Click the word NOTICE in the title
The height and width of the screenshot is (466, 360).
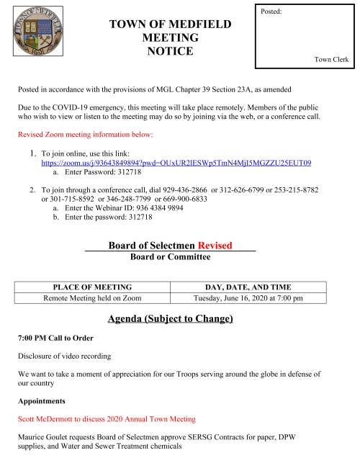[x=170, y=51]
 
